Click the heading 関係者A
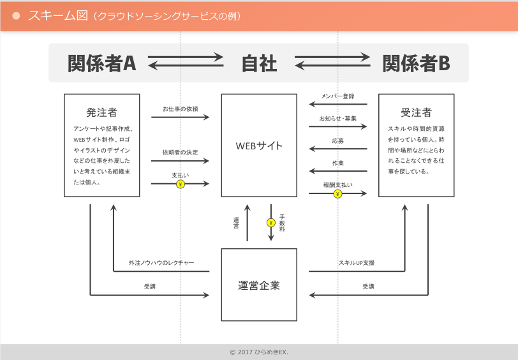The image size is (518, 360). click(x=102, y=63)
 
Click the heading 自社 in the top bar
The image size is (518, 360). click(x=259, y=63)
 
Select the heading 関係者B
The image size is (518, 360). click(x=416, y=63)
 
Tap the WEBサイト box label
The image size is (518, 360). click(x=259, y=146)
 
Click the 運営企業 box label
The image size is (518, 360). click(x=259, y=285)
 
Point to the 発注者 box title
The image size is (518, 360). click(x=102, y=112)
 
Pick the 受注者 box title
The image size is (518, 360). click(x=416, y=112)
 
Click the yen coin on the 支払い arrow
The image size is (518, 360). click(x=180, y=184)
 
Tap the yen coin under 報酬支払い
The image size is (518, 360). click(x=337, y=193)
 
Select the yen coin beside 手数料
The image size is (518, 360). click(x=270, y=223)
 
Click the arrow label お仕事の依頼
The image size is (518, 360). click(x=180, y=109)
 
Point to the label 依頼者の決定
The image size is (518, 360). click(x=180, y=153)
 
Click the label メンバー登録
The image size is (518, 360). click(x=337, y=96)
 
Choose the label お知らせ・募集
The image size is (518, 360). click(x=337, y=119)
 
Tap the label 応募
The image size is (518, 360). click(x=337, y=141)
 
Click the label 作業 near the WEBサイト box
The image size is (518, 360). click(x=337, y=163)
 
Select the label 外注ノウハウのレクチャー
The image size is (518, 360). click(x=161, y=263)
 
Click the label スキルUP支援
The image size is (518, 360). click(x=357, y=263)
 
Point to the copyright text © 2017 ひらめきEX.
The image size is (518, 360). click(x=259, y=352)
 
